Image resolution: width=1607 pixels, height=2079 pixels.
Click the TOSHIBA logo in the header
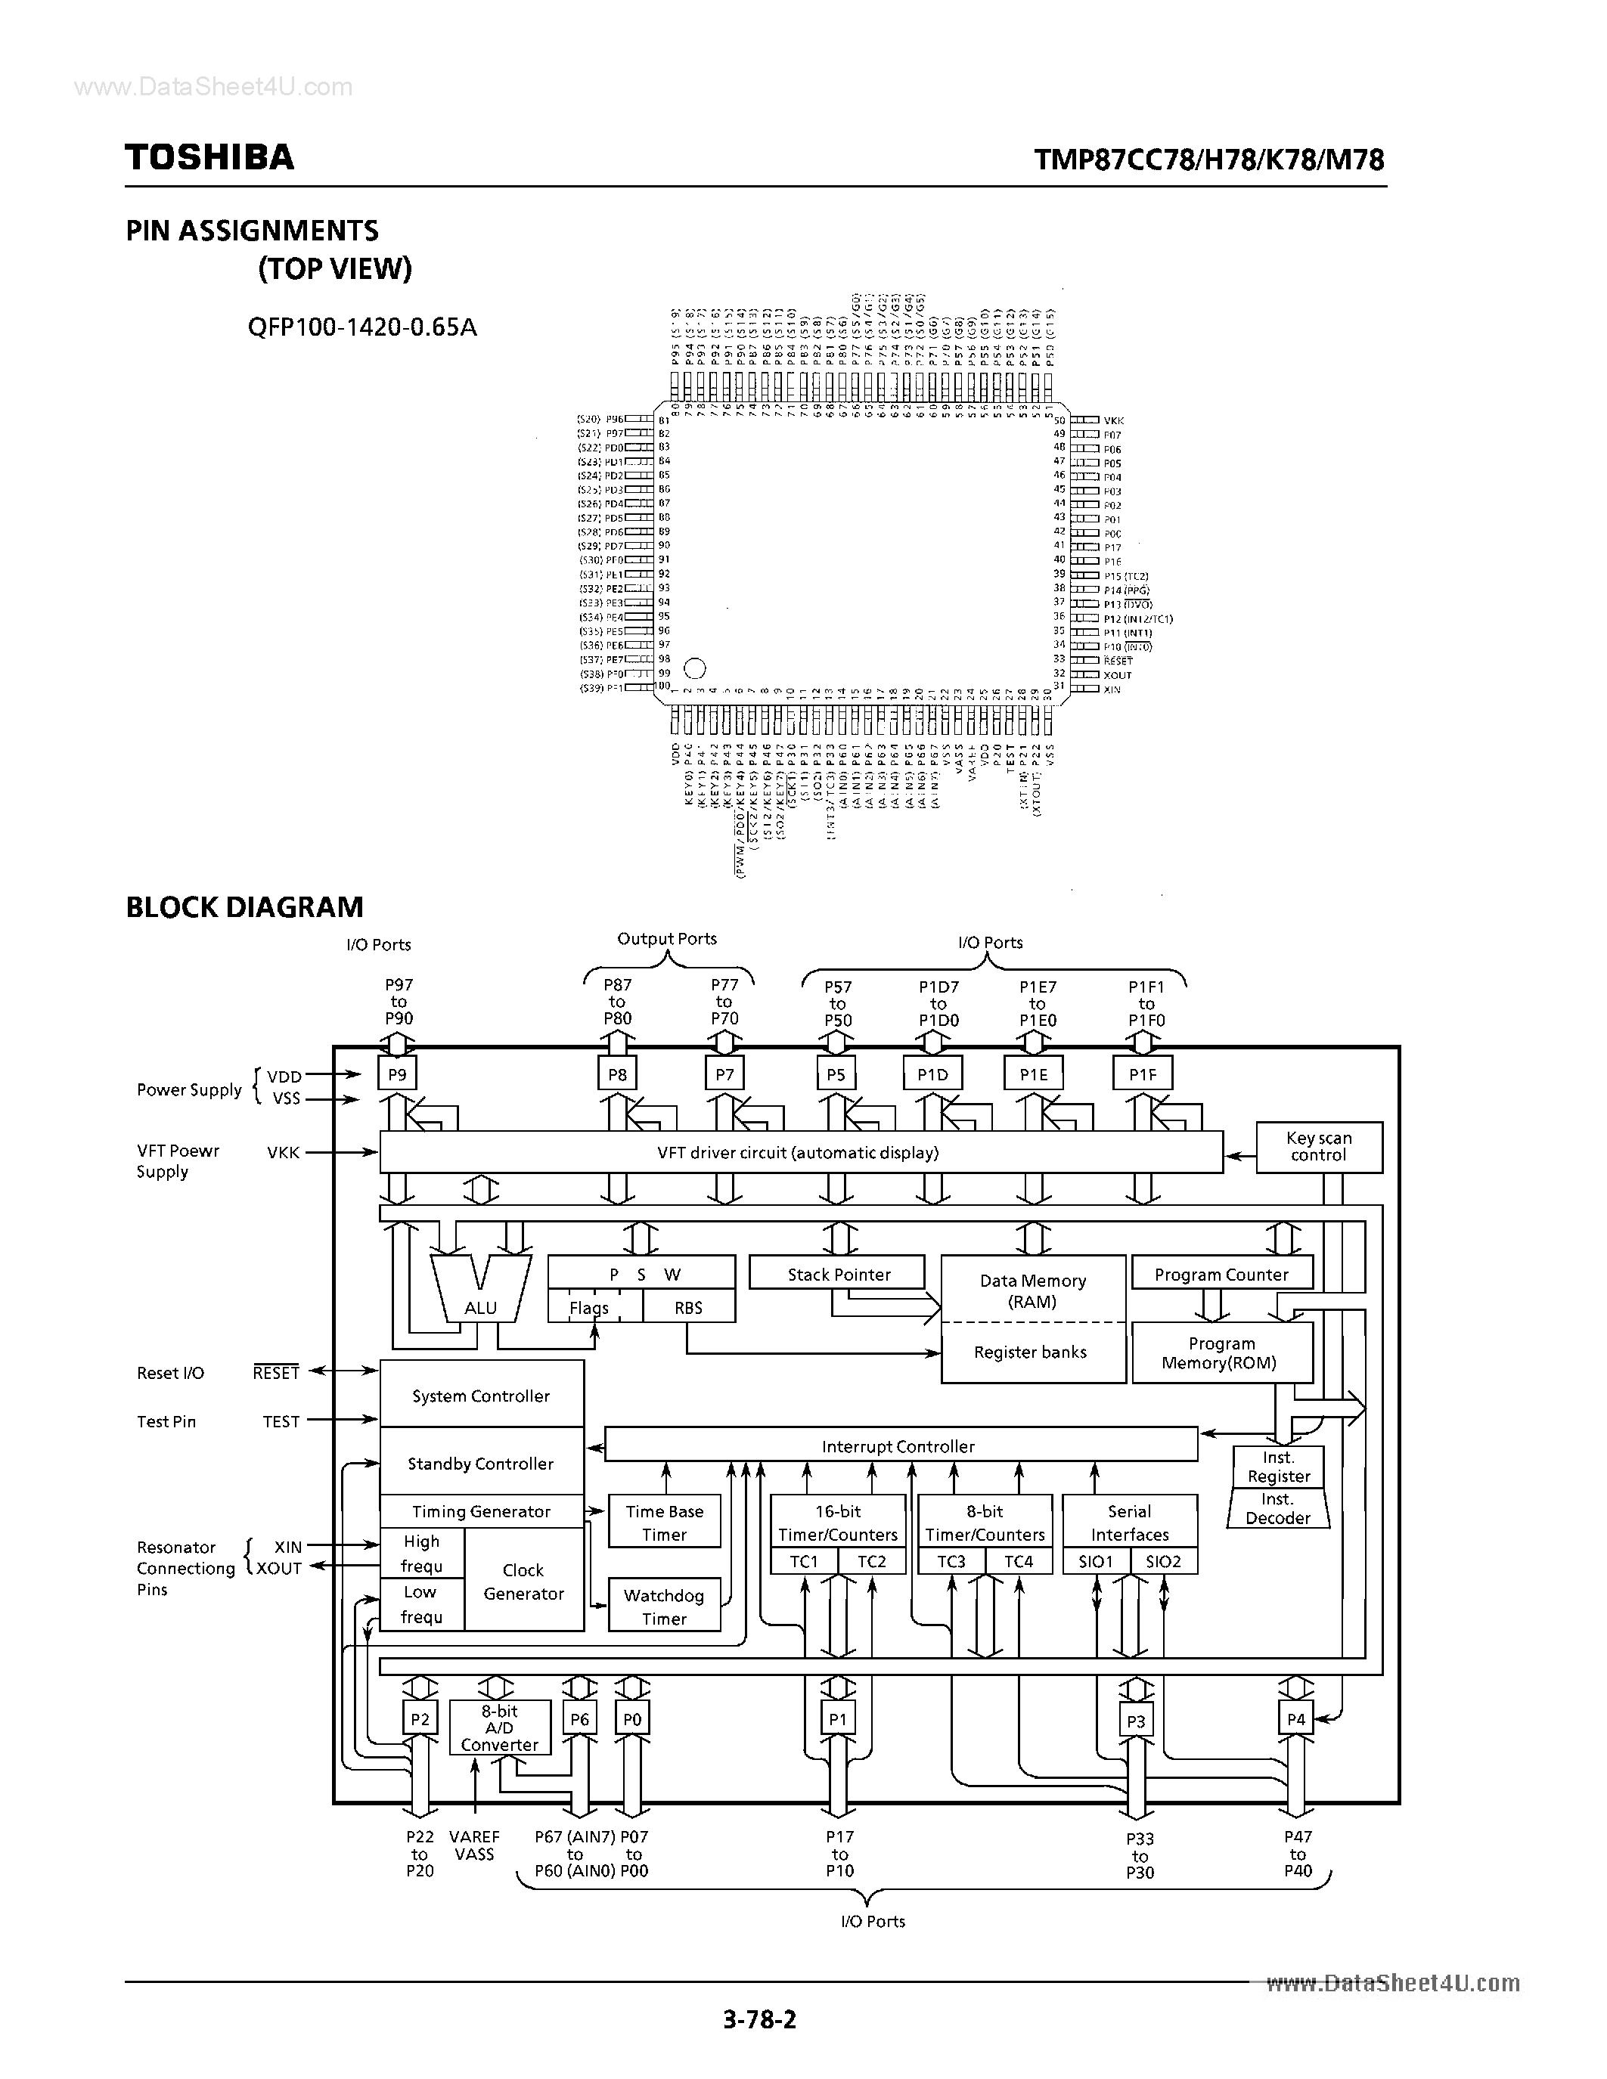209,157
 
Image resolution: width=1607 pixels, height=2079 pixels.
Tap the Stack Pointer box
838,1275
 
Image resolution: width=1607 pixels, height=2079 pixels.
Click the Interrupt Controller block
900,1446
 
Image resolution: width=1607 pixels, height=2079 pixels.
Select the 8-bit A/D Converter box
500,1727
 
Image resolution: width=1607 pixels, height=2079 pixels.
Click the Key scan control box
1319,1147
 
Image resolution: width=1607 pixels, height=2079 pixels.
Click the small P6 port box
579,1719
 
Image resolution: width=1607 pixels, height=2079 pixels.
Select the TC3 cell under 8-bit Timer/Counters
951,1561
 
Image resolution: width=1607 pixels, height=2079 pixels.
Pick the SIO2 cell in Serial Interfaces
1162,1561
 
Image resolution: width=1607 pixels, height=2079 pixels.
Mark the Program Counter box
1221,1275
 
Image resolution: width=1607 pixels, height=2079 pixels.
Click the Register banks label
1030,1352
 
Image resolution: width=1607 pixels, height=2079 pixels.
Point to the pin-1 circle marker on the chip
695,669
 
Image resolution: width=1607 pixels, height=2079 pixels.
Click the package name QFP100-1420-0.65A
361,327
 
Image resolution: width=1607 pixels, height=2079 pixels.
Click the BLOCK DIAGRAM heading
245,907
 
